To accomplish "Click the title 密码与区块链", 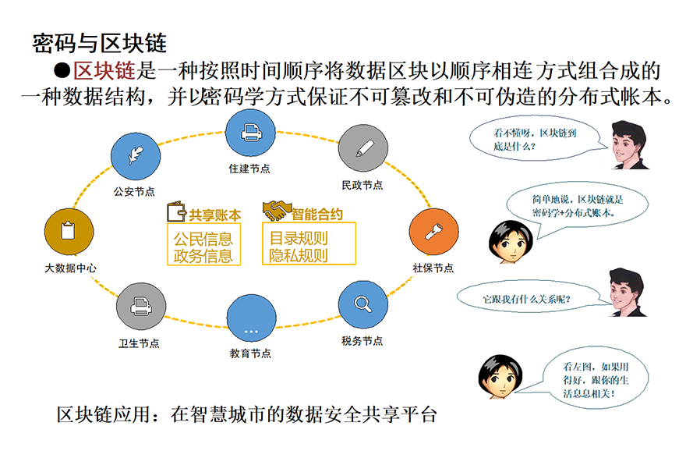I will point(99,42).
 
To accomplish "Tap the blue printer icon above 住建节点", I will point(249,134).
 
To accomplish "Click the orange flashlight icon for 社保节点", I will point(433,231).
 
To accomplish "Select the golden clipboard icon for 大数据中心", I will point(69,231).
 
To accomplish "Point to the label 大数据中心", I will point(69,268).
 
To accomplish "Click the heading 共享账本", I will point(215,213).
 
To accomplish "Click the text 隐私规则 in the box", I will point(298,255).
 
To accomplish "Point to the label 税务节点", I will point(362,341).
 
